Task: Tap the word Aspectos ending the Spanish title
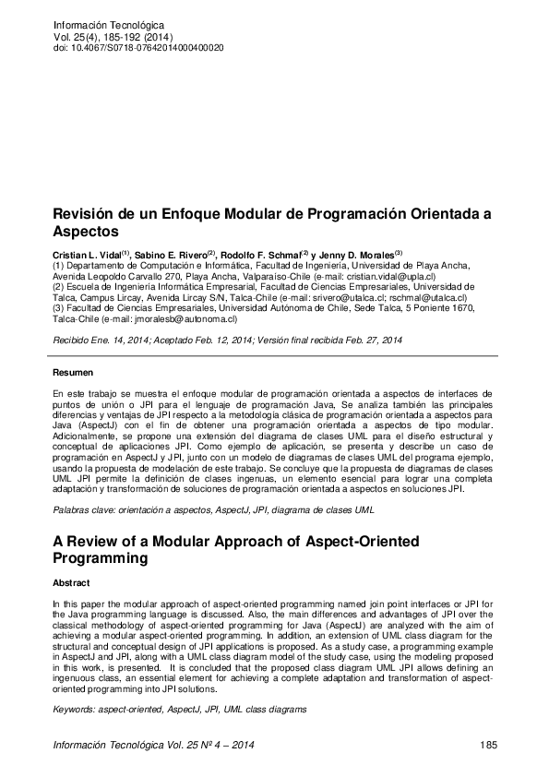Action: point(88,232)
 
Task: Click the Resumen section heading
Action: point(74,372)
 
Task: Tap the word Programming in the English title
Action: point(104,558)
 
